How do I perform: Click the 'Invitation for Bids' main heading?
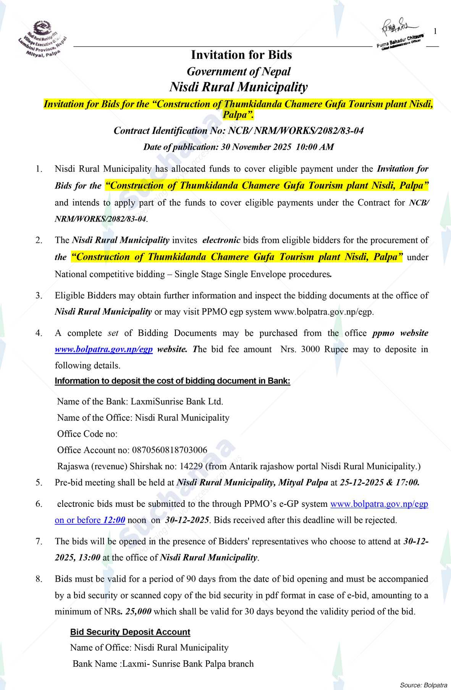coord(241,55)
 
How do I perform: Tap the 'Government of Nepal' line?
coord(238,71)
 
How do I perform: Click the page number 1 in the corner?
coord(435,31)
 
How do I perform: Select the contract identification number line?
coord(238,131)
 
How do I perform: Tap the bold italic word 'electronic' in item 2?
coord(221,240)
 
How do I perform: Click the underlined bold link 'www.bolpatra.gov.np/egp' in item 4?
coord(103,349)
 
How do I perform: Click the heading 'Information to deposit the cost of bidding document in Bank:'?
coord(172,381)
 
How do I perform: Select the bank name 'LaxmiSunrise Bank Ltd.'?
coord(177,401)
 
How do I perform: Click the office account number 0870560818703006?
coord(170,450)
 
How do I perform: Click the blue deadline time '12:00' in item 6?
coord(114,520)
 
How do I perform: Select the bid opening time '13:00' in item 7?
coord(89,557)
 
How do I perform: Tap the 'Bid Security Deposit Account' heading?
coord(130,632)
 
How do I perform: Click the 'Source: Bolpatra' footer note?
coord(424,684)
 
